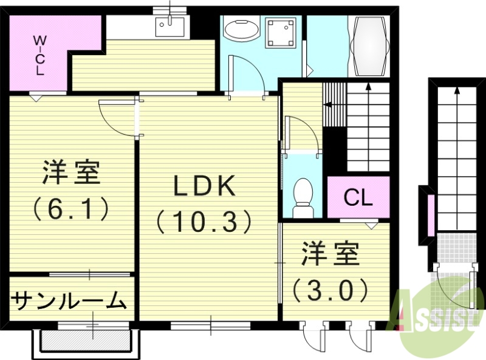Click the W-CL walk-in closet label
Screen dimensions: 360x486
click(39, 55)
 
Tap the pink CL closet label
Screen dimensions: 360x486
click(358, 197)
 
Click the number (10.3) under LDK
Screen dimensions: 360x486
click(205, 222)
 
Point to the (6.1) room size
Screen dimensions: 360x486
click(72, 208)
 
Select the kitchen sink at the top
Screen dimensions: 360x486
click(169, 26)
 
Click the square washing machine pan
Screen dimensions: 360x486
click(281, 32)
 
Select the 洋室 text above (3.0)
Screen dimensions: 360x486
click(331, 256)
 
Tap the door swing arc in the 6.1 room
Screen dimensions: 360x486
click(115, 118)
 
